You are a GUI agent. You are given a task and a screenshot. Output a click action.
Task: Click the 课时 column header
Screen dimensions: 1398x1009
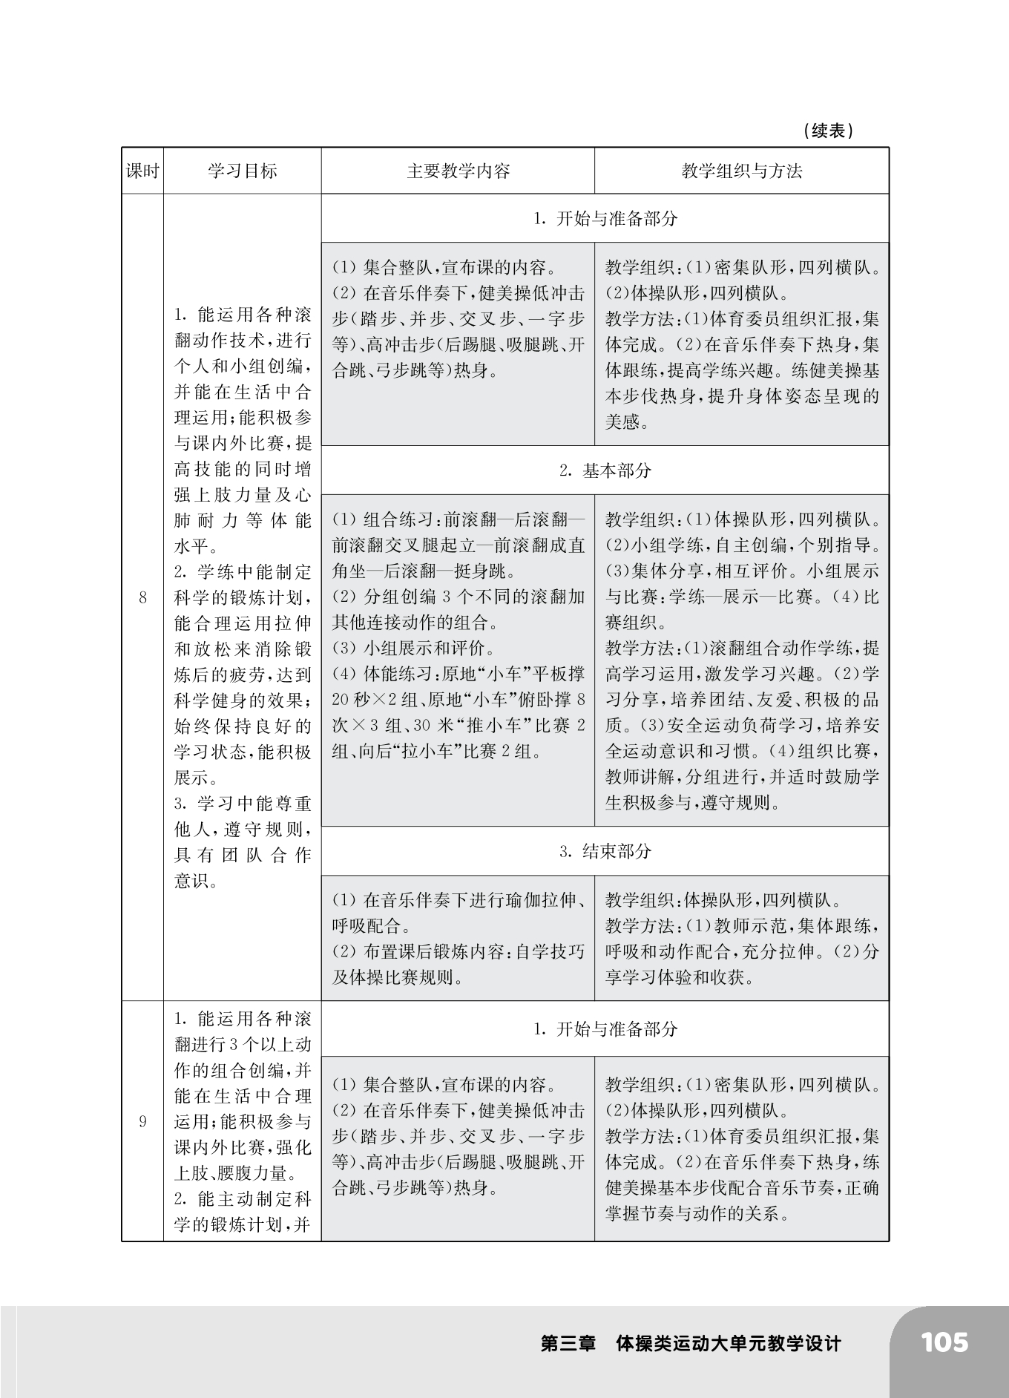[x=142, y=171]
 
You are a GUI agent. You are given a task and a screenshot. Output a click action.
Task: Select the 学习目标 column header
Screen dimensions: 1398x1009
[x=242, y=171]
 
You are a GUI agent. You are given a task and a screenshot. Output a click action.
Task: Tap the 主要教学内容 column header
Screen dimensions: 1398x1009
[x=458, y=171]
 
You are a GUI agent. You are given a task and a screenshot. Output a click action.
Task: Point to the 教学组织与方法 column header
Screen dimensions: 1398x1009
[x=741, y=171]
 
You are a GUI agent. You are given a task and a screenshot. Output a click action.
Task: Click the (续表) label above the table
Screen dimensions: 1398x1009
[x=827, y=131]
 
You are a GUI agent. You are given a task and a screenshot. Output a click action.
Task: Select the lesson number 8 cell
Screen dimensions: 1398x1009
[x=142, y=597]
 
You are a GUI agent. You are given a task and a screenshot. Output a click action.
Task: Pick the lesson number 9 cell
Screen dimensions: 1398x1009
[x=142, y=1121]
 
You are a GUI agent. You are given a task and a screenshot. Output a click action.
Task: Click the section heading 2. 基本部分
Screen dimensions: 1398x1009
[x=605, y=470]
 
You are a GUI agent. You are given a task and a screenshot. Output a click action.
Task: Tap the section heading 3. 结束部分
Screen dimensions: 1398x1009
[x=605, y=851]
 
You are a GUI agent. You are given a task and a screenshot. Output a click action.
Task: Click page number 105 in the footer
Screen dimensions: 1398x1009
[x=944, y=1343]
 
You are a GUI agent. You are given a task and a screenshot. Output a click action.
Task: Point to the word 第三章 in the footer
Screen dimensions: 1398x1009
[x=568, y=1344]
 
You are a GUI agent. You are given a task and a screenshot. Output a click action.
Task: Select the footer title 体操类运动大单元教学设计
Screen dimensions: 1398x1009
[x=729, y=1344]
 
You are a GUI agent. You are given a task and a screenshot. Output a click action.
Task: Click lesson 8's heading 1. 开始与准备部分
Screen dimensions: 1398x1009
[x=605, y=219]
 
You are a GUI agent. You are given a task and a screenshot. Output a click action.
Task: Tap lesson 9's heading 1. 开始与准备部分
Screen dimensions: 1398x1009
[x=605, y=1029]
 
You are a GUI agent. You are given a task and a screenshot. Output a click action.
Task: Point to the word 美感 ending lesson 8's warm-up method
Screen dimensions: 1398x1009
[x=622, y=422]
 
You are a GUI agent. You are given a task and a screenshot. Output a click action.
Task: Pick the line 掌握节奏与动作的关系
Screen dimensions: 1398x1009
[x=696, y=1214]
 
